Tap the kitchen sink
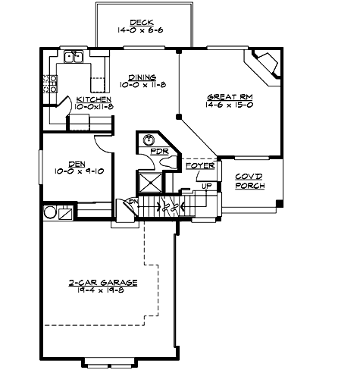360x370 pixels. [x=74, y=56]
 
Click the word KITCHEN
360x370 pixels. [x=94, y=99]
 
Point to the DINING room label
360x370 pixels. [x=142, y=77]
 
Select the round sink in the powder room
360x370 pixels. [x=149, y=140]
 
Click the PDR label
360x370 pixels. [x=158, y=152]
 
